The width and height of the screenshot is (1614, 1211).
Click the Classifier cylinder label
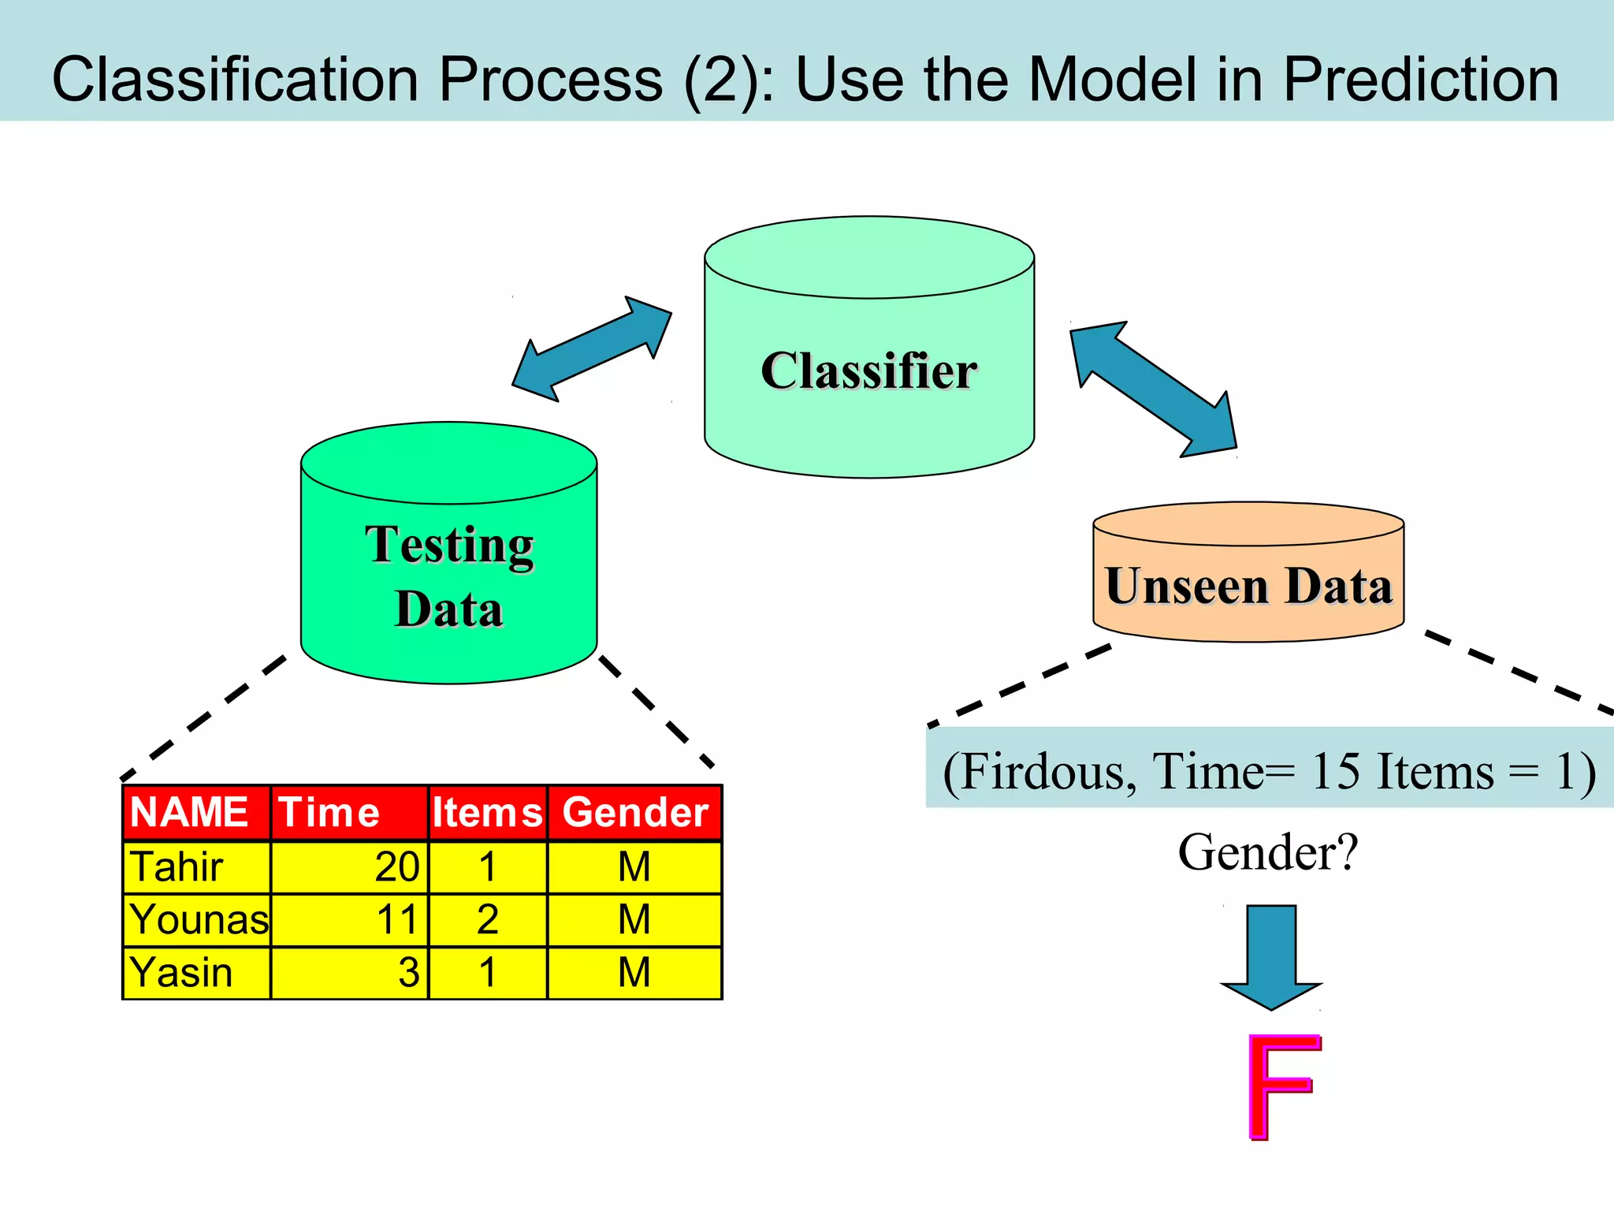(868, 371)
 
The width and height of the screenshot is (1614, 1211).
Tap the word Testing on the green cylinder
(449, 546)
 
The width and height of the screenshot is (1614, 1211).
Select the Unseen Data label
(1248, 586)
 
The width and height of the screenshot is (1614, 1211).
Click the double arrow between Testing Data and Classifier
(592, 349)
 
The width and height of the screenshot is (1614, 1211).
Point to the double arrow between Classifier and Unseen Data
(1153, 389)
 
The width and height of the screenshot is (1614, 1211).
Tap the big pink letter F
(1281, 1086)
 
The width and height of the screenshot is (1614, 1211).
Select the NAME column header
(189, 812)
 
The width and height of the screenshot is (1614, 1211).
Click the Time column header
(329, 812)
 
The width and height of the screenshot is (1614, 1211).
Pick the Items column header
(487, 812)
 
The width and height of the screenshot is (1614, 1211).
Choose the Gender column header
(634, 812)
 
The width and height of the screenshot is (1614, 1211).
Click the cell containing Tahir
(177, 867)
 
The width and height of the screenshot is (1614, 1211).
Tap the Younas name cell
(199, 920)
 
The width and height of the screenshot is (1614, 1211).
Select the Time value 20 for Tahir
(396, 867)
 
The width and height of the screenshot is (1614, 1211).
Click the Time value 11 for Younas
(396, 920)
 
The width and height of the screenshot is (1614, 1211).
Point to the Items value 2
(487, 920)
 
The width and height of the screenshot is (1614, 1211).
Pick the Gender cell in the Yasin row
(634, 973)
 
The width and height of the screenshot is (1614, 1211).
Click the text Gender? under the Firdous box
(1268, 853)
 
